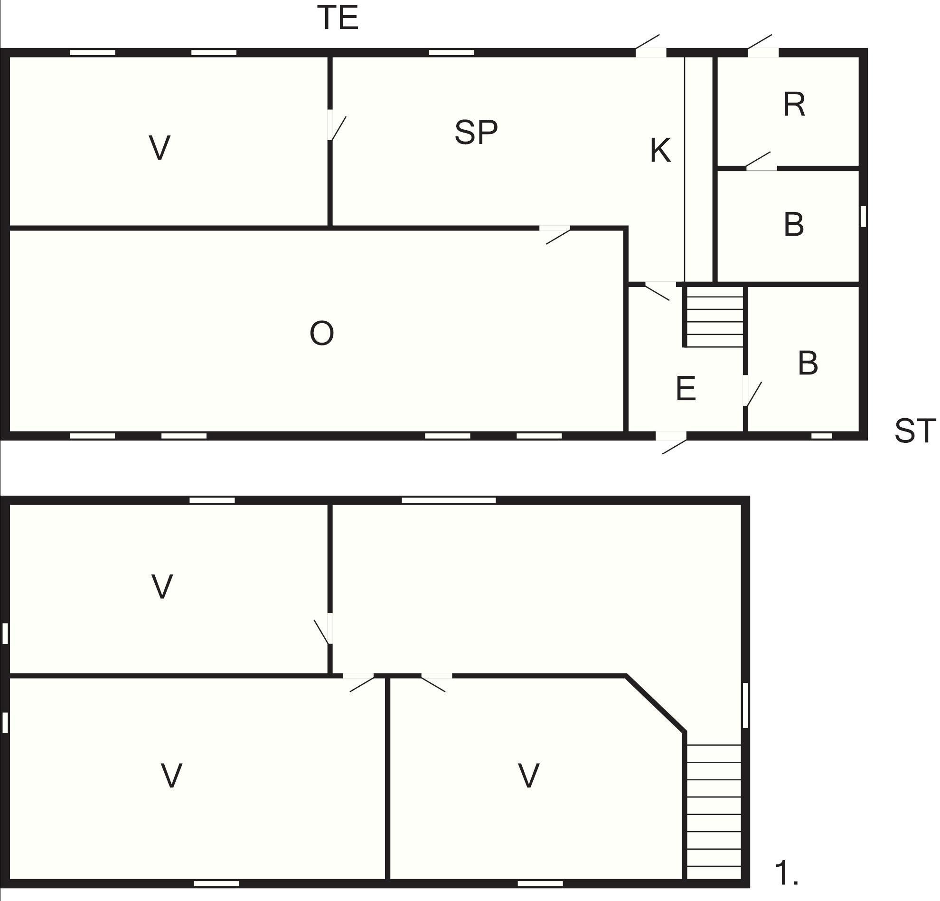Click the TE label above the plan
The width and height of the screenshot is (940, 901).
[x=338, y=19]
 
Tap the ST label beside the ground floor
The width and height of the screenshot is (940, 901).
[x=915, y=431]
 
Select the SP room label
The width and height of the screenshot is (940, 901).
[x=476, y=133]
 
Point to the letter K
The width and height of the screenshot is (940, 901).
[x=660, y=150]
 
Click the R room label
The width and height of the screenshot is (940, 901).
[x=794, y=105]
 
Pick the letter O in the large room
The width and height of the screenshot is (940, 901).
[x=321, y=334]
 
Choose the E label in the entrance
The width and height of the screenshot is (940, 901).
[x=686, y=389]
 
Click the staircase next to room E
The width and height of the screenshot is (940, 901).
[x=714, y=316]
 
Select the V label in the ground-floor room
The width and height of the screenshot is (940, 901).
[x=160, y=147]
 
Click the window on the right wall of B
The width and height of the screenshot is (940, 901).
[x=863, y=217]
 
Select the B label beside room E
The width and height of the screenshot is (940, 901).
[x=808, y=364]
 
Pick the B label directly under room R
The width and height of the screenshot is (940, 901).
[x=794, y=224]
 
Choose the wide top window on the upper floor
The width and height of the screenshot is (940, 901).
[x=449, y=500]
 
